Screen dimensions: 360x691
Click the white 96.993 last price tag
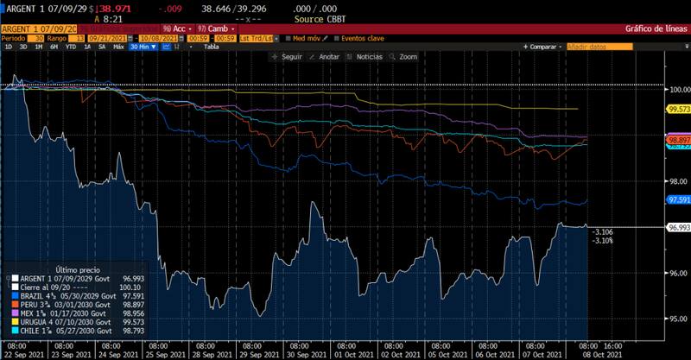tap(676, 226)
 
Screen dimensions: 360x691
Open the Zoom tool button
tap(405, 57)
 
